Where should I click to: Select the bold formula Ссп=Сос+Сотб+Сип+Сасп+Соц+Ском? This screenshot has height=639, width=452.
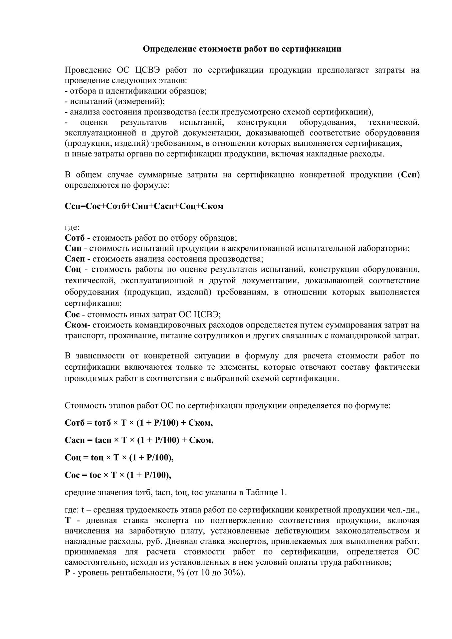click(x=144, y=206)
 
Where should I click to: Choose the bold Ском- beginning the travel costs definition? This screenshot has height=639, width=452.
click(x=77, y=325)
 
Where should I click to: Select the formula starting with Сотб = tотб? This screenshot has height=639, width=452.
click(x=139, y=423)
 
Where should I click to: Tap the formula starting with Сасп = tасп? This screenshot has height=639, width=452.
click(x=139, y=440)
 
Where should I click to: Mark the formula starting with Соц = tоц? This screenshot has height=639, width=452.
click(x=119, y=457)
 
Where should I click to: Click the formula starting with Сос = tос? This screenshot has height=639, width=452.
click(x=118, y=475)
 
